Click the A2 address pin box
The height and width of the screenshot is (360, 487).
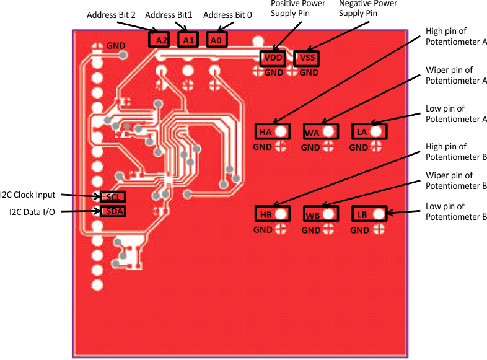159,40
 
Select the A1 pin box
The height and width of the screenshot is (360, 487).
188,40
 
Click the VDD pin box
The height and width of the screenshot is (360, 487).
273,58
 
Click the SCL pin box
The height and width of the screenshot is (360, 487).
113,197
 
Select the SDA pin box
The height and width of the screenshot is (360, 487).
113,211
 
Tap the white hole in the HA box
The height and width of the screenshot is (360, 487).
282,131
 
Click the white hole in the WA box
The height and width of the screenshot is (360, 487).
329,131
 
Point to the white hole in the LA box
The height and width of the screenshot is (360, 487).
376,131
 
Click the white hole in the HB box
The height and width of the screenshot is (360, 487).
282,214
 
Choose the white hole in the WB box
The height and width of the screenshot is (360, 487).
329,214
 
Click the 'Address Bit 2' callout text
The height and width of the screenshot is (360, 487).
111,14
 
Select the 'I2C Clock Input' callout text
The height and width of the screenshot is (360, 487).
28,195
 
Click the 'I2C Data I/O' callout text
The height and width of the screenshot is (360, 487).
32,212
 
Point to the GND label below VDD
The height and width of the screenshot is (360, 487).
274,72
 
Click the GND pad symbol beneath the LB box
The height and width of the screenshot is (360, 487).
378,230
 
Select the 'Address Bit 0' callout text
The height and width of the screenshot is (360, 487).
227,14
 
